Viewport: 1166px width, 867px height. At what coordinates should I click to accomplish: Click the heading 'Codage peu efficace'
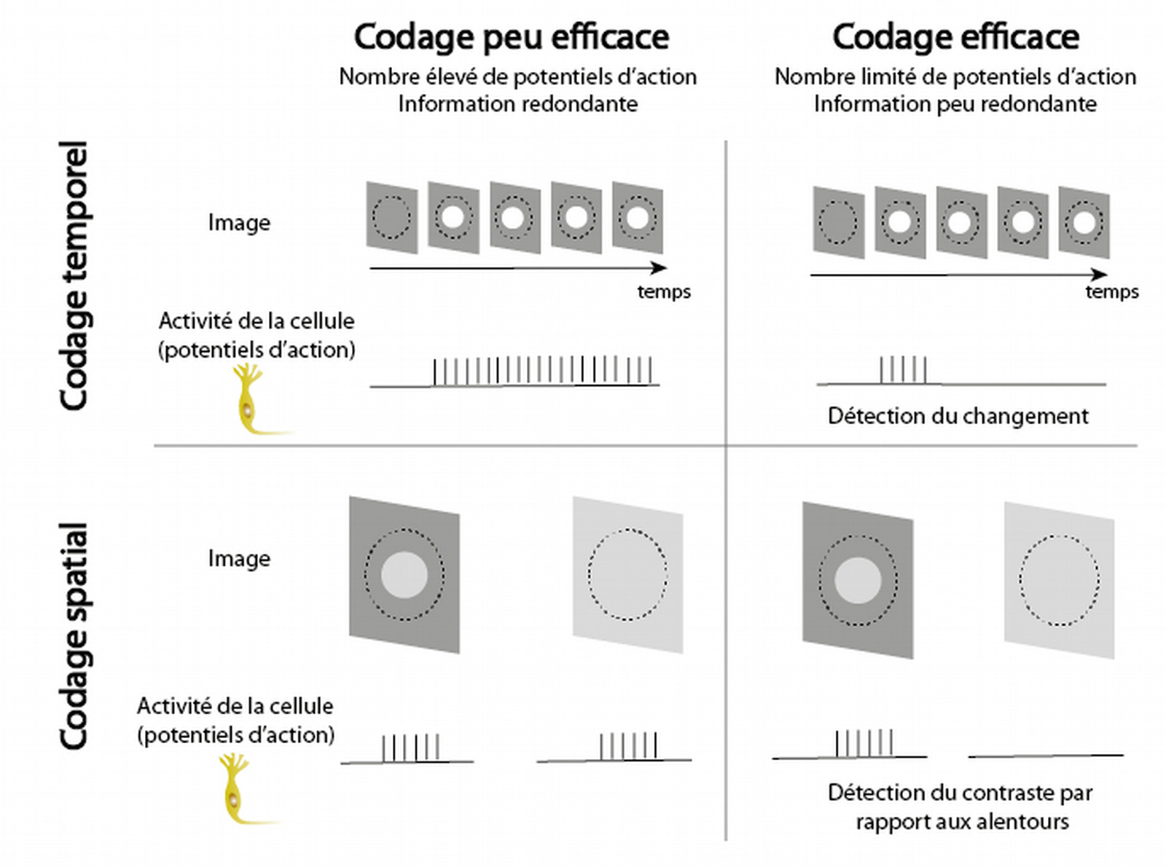(511, 36)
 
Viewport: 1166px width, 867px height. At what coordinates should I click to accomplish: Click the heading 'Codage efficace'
(955, 36)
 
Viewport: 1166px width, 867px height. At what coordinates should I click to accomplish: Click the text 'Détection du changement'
(958, 416)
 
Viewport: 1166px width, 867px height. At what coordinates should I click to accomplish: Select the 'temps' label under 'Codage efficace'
(1111, 292)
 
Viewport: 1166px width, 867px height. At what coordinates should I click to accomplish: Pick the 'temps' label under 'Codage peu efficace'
(663, 292)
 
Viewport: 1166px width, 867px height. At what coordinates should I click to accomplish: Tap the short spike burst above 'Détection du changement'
(903, 369)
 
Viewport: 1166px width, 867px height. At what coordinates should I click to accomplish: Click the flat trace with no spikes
(1045, 756)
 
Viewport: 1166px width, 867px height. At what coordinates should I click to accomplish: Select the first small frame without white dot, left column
(392, 217)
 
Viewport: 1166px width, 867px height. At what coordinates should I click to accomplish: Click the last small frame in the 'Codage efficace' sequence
(1084, 222)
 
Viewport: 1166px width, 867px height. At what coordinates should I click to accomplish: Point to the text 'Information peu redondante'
(955, 104)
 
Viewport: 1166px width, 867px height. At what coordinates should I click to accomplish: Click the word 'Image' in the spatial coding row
(239, 559)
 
